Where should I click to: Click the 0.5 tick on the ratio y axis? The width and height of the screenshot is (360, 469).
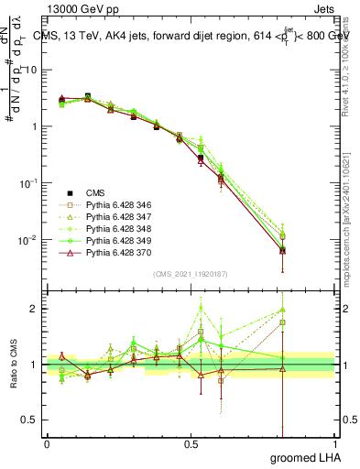pos(30,420)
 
